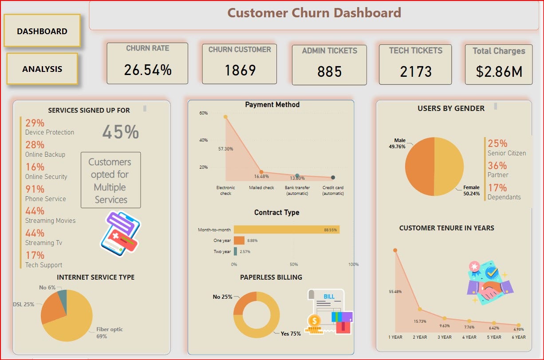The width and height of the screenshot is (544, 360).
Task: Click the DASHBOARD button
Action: [x=42, y=31]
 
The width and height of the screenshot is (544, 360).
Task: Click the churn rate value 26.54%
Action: [x=147, y=70]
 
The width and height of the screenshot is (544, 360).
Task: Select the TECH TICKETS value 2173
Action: [x=415, y=71]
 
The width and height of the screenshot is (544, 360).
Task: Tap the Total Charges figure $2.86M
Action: [x=499, y=71]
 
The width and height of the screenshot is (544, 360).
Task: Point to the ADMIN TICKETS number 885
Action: [x=329, y=71]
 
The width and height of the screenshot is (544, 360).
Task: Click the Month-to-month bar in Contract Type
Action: [x=287, y=229]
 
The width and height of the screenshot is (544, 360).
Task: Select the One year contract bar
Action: [x=239, y=240]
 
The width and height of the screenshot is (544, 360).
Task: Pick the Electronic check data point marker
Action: [x=225, y=117]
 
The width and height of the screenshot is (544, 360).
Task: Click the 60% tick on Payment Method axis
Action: [x=203, y=113]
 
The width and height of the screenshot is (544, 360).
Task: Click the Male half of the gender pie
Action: [x=419, y=166]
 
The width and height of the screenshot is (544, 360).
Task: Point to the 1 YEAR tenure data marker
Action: [x=395, y=250]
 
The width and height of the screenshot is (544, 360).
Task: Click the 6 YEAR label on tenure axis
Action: [x=518, y=337]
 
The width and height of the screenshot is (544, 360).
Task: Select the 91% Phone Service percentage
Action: [x=35, y=189]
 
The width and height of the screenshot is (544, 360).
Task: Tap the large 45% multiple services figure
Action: [x=120, y=132]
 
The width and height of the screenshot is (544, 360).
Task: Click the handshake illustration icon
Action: [x=490, y=284]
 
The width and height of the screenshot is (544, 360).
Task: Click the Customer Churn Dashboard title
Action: [x=314, y=12]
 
